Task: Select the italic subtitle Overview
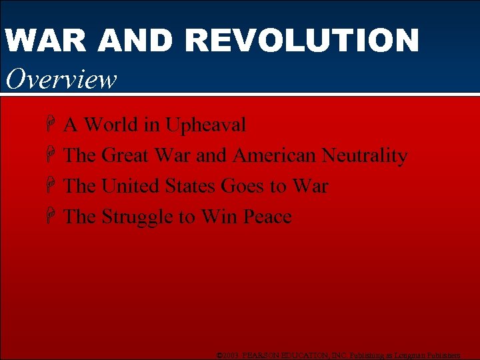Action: pyautogui.click(x=61, y=79)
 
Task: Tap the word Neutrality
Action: pyautogui.click(x=364, y=155)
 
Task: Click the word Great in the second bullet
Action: pyautogui.click(x=125, y=155)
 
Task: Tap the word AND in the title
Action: pyautogui.click(x=129, y=41)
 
